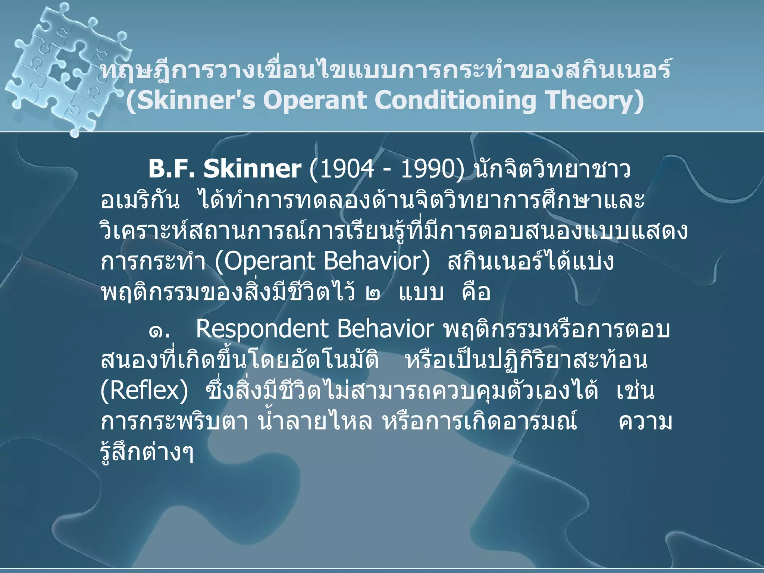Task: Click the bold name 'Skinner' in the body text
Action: click(252, 169)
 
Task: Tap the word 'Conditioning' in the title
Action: click(455, 100)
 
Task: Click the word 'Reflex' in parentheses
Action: click(144, 391)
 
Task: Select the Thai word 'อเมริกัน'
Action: click(140, 201)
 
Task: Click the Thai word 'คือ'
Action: click(476, 292)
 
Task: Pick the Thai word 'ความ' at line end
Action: click(645, 422)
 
